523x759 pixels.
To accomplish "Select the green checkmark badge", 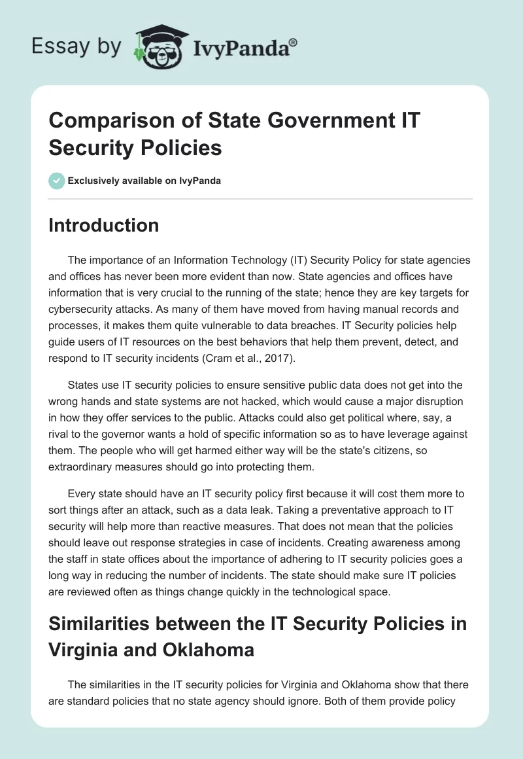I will click(57, 181).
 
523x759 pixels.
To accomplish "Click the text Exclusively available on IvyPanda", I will click(144, 181).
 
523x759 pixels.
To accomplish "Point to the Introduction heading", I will click(104, 225).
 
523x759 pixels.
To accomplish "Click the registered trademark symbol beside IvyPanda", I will click(293, 42).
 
